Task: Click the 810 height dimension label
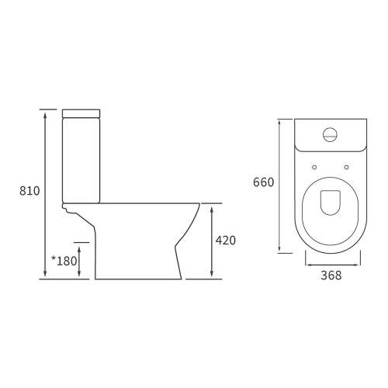pyautogui.click(x=29, y=191)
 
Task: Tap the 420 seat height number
pyautogui.click(x=226, y=241)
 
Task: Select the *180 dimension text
pyautogui.click(x=64, y=261)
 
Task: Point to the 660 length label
pyautogui.click(x=263, y=182)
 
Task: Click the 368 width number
pyautogui.click(x=331, y=275)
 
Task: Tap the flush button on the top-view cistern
pyautogui.click(x=331, y=134)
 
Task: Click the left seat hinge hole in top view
pyautogui.click(x=314, y=167)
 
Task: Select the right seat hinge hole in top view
pyautogui.click(x=347, y=167)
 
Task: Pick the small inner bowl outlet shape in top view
pyautogui.click(x=331, y=203)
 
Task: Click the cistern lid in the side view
pyautogui.click(x=81, y=113)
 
